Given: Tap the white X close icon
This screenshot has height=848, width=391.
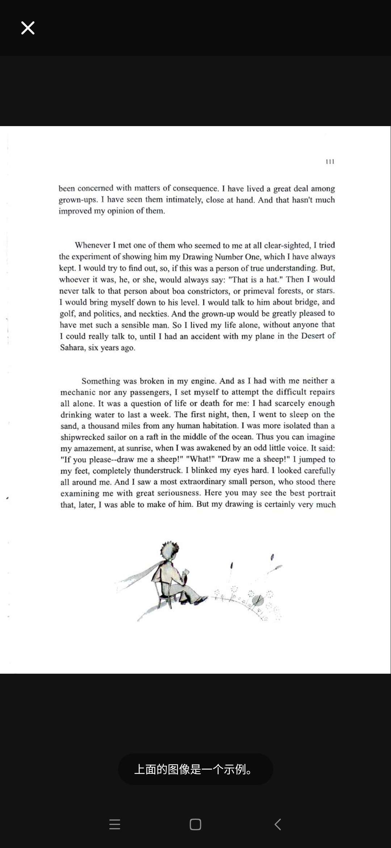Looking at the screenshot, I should [28, 28].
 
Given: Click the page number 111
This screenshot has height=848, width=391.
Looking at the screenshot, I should [330, 162].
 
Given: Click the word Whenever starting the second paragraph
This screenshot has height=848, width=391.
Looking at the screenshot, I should [93, 245].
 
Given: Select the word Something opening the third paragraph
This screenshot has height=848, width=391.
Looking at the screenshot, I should [101, 381].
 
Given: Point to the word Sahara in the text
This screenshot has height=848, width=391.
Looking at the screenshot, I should [72, 348].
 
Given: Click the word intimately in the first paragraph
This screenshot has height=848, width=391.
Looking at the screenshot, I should [184, 200].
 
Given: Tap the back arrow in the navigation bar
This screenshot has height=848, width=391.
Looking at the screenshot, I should [278, 824].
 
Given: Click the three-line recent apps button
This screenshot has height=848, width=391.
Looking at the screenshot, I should [115, 824].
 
